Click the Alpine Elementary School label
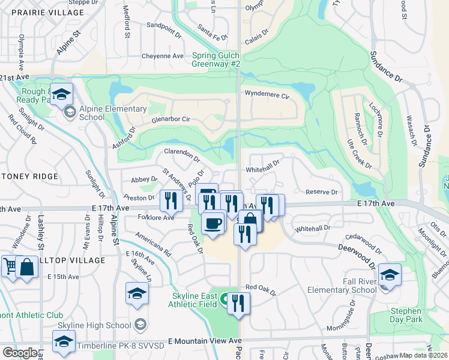[113, 113]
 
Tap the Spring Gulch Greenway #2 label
[216, 59]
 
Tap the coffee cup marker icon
[212, 223]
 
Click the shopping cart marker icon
[10, 265]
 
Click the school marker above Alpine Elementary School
[61, 94]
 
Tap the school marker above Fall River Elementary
[390, 275]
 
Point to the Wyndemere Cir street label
[267, 94]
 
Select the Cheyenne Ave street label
[162, 56]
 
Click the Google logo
[20, 353]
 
